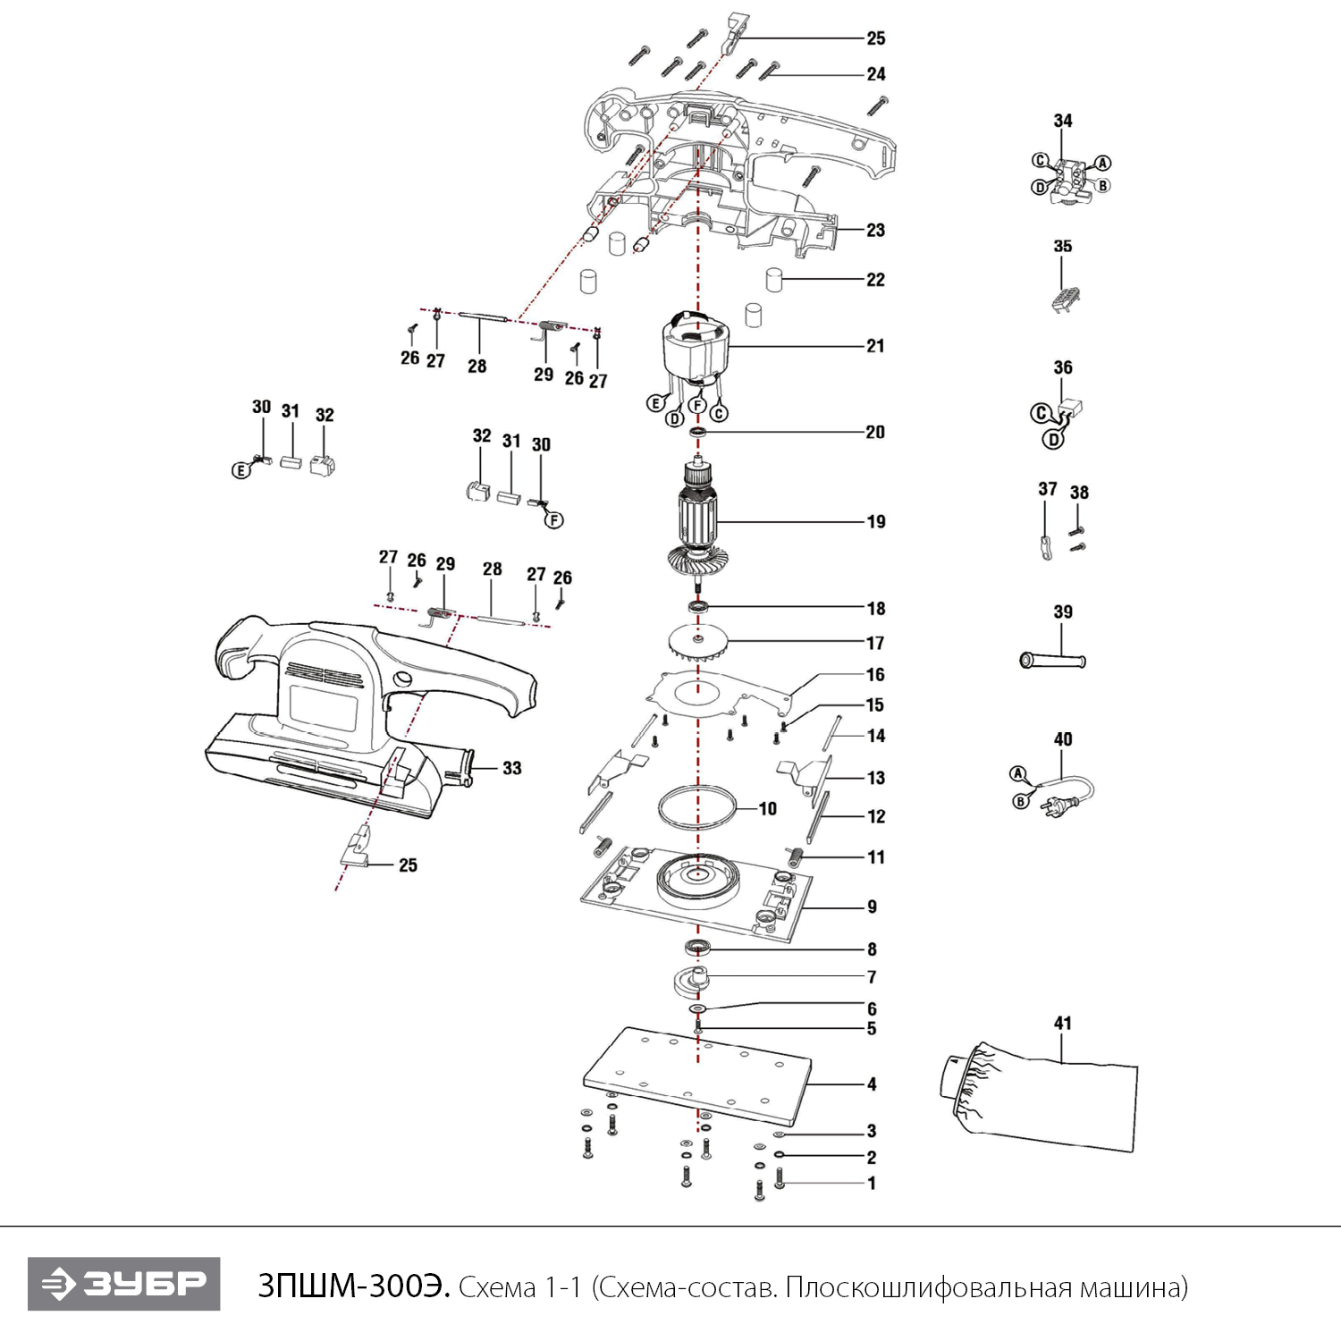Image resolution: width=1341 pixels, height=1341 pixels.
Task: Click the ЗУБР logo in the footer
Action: [x=123, y=1284]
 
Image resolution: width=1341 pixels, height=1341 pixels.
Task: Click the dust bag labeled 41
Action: [x=1040, y=1096]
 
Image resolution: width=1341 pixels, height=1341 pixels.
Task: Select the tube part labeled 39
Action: [x=1052, y=662]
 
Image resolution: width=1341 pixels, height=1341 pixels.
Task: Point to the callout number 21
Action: [x=875, y=346]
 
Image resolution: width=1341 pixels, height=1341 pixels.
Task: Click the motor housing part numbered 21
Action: [x=696, y=350]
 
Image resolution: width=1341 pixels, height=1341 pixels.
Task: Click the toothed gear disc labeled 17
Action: [x=698, y=642]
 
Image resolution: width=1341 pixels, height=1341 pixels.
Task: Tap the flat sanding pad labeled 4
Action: [x=697, y=1075]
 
